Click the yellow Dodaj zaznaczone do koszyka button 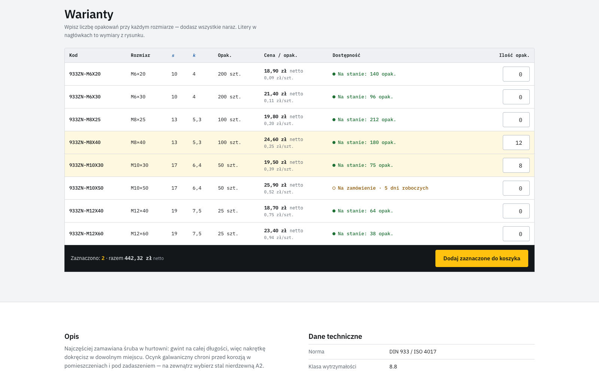481,258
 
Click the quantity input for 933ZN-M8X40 516,142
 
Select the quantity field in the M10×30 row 516,165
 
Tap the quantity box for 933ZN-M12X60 516,234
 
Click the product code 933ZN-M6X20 85,74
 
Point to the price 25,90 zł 275,185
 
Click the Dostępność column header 346,55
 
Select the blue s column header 173,56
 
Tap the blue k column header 194,55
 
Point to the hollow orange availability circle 334,188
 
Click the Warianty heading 89,14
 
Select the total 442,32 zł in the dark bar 138,258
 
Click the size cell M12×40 139,211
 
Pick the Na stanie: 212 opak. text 367,120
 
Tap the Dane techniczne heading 335,336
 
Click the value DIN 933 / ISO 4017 413,352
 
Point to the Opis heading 72,337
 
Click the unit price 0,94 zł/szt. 279,237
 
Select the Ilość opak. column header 514,55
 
